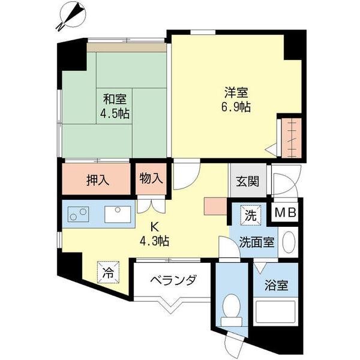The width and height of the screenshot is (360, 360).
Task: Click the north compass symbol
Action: tap(72, 16)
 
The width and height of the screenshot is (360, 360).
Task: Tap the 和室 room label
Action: tap(115, 100)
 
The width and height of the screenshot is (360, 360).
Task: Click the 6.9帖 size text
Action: tap(236, 107)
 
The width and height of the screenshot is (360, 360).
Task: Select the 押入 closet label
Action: tap(98, 180)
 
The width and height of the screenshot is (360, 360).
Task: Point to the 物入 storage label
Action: tap(151, 178)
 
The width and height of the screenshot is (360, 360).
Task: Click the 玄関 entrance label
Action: tap(247, 181)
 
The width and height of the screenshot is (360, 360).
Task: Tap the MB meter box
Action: tap(285, 212)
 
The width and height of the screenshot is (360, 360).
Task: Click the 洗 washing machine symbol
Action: tap(250, 215)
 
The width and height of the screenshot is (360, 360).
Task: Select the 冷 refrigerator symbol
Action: tap(108, 272)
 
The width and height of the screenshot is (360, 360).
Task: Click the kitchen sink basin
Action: tap(118, 214)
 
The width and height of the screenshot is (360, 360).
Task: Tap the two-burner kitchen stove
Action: tap(78, 214)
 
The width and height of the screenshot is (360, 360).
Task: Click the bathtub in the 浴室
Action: tap(275, 312)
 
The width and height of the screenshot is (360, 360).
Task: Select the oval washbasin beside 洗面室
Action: tap(289, 242)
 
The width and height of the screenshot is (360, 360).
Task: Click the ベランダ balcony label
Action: tap(173, 280)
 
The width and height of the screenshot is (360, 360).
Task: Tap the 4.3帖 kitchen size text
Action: tap(155, 241)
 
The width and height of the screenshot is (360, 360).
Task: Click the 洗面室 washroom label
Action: tap(257, 242)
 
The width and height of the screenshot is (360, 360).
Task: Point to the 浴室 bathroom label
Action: tap(276, 285)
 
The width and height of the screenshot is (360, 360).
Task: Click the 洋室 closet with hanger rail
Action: tap(292, 138)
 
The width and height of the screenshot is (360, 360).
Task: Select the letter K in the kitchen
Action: tap(154, 227)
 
